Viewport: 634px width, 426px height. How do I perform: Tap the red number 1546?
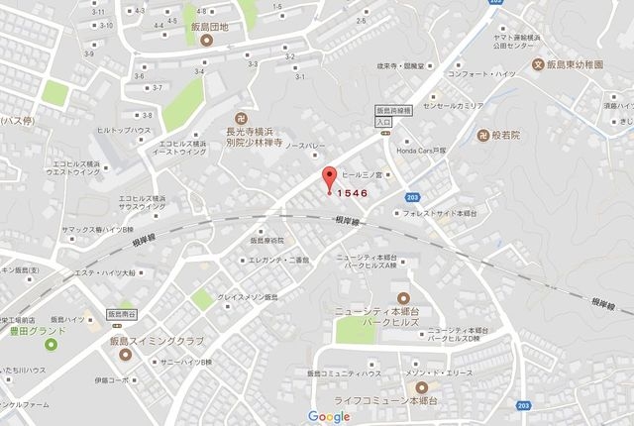354,193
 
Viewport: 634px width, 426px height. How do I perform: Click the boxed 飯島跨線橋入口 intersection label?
381,116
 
